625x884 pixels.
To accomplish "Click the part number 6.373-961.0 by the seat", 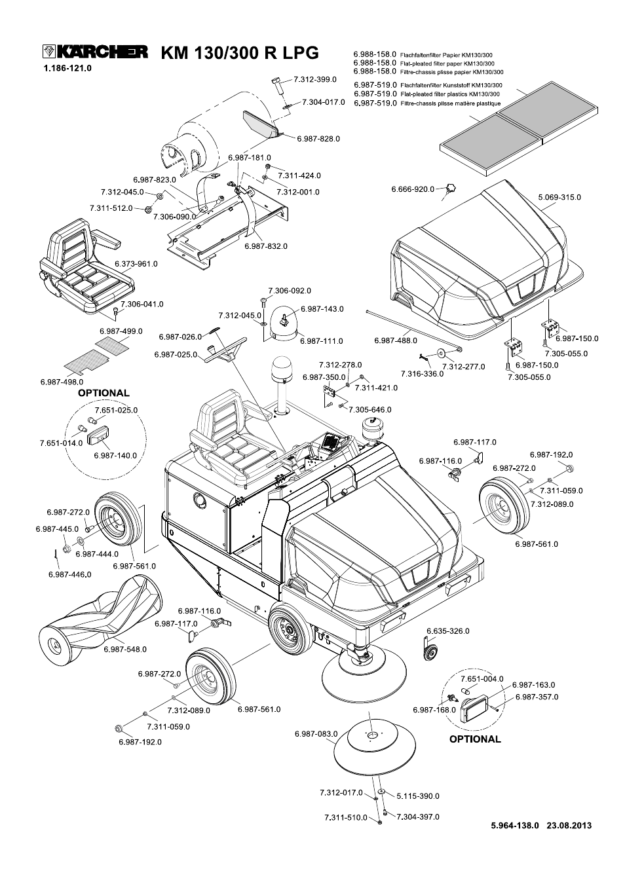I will click(136, 264).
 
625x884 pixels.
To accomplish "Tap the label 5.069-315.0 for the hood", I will click(559, 197).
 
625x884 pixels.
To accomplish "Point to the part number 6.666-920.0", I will click(413, 189).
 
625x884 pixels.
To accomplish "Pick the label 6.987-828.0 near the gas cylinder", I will click(318, 139).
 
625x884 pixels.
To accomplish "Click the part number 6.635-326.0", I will click(447, 631).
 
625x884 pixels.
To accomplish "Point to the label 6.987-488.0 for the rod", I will click(395, 341).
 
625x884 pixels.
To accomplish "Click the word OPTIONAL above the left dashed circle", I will click(104, 393).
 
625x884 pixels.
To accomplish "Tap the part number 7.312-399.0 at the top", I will click(314, 79).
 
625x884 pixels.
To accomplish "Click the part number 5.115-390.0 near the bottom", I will click(418, 796).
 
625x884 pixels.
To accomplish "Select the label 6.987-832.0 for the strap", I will click(265, 246).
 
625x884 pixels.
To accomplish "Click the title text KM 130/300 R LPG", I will click(239, 53).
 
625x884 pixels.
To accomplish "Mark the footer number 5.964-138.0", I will click(514, 826).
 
